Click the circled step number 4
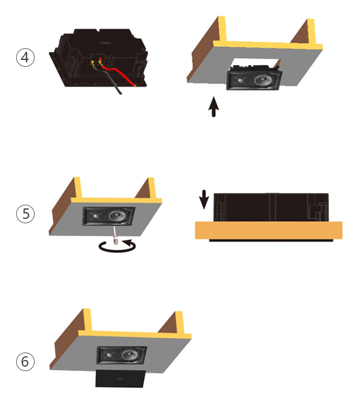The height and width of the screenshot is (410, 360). (x=25, y=58)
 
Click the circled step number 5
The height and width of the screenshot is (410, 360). (x=25, y=213)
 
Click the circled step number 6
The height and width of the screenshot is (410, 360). (x=25, y=361)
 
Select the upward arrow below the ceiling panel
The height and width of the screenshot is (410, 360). (x=214, y=107)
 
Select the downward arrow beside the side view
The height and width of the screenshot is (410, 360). (x=204, y=200)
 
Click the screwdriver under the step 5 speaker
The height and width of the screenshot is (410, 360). (x=115, y=236)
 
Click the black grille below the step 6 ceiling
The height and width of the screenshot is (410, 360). (x=121, y=378)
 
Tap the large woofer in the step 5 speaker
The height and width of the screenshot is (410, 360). (x=117, y=216)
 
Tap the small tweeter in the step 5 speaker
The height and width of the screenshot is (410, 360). (x=95, y=216)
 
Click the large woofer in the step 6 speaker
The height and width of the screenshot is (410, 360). (x=130, y=355)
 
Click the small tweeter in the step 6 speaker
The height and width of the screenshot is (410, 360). (x=109, y=355)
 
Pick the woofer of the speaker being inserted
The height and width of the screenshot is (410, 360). (x=263, y=80)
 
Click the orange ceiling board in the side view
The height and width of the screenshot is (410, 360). (x=268, y=230)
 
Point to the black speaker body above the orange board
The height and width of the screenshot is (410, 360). (x=271, y=207)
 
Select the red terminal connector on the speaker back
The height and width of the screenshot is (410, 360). (x=100, y=61)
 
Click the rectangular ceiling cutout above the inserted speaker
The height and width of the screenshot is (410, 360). (x=255, y=62)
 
